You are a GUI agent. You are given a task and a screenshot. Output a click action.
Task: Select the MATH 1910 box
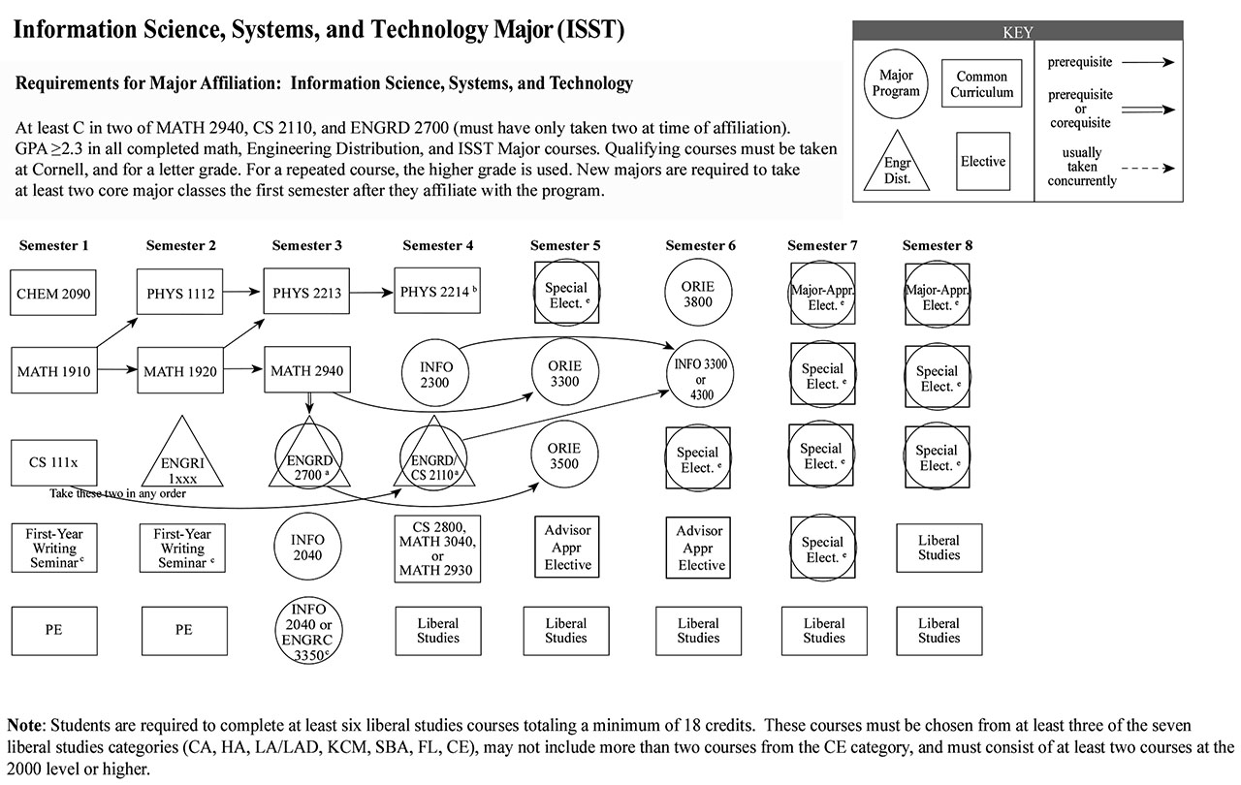coord(52,370)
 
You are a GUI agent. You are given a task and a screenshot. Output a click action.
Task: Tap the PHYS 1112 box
coord(181,291)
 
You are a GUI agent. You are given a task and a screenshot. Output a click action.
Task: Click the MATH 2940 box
coord(305,370)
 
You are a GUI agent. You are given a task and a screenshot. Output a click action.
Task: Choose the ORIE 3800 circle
coord(698,295)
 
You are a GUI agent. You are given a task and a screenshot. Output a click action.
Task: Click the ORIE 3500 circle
coord(564,455)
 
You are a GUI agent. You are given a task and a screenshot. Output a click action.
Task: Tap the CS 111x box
coord(53,462)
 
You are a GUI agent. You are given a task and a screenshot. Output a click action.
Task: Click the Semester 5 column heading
coord(566,245)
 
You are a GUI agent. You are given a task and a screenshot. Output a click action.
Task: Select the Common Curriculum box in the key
coord(981,84)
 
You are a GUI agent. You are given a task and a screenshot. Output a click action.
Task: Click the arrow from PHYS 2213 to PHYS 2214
coord(371,291)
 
